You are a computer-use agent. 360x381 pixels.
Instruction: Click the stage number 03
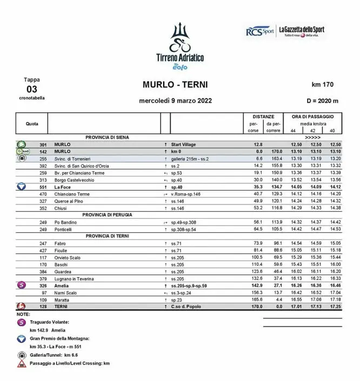point(32,89)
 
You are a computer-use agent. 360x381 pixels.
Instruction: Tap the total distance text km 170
point(323,86)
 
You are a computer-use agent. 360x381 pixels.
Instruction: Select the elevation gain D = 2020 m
point(322,101)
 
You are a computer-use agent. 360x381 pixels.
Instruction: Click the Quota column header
point(32,124)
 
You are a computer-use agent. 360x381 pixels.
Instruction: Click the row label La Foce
point(64,187)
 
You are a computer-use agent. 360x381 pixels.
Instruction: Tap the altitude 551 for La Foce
point(44,187)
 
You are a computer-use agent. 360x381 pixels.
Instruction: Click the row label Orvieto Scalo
point(68,258)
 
